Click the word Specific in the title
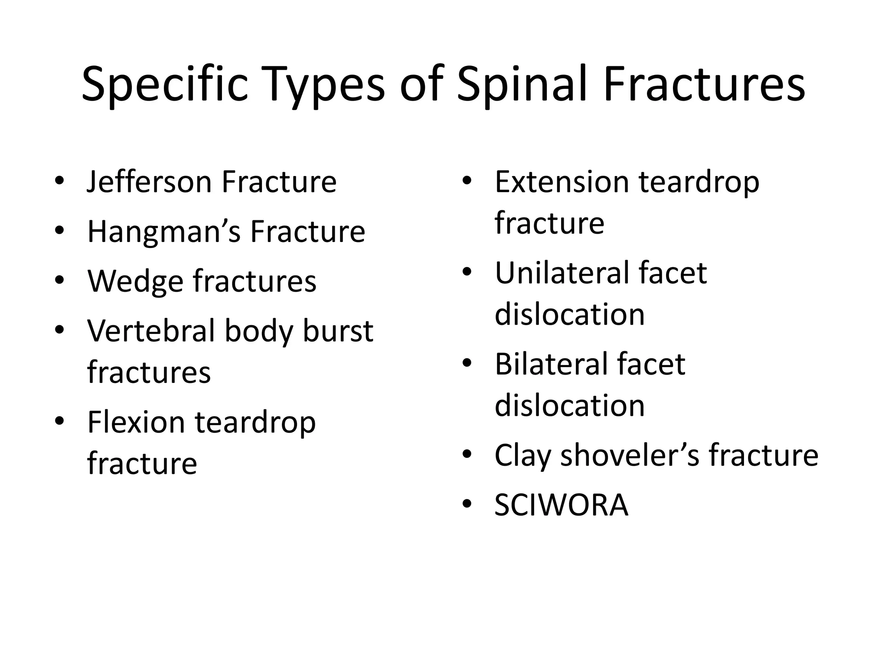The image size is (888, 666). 165,85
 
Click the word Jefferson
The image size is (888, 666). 149,182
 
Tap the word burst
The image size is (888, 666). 338,331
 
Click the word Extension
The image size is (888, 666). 562,182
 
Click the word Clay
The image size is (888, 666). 522,456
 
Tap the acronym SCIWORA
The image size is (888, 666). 561,506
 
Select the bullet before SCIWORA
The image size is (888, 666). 467,504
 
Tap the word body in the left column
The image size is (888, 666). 258,331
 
